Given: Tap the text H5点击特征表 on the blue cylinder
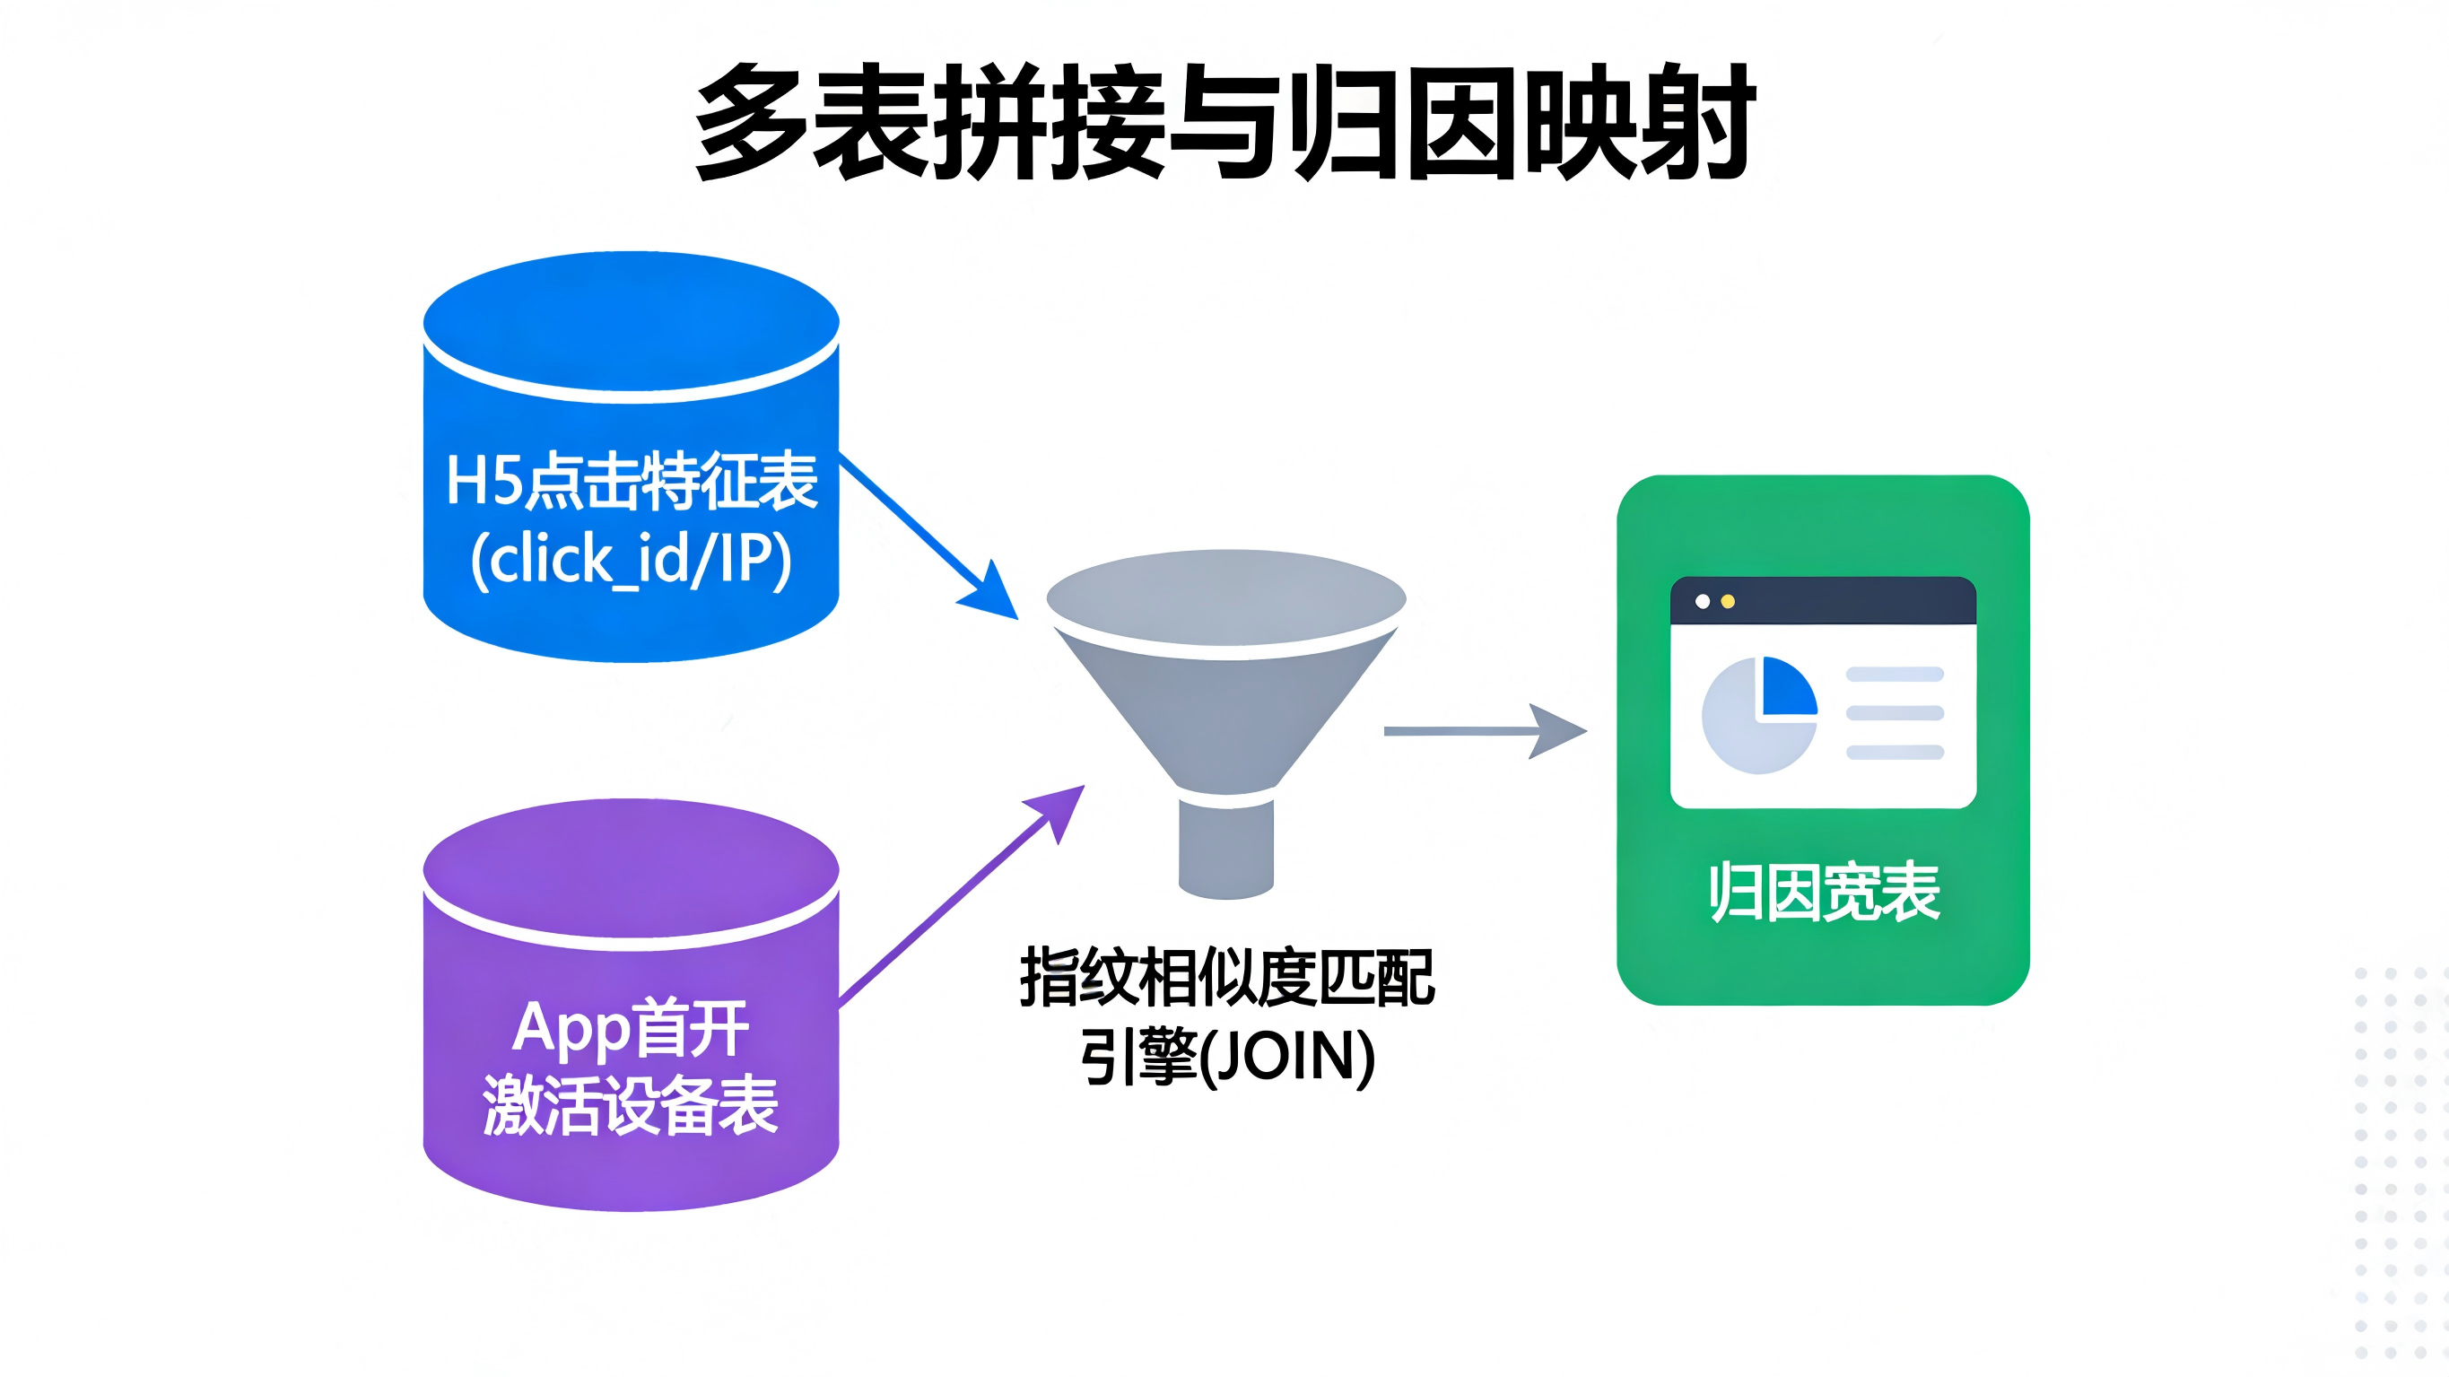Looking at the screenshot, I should coord(632,481).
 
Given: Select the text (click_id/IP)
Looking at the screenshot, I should coord(632,559).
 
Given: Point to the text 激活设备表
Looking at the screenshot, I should coord(632,1105).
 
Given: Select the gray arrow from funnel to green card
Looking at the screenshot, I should coord(1483,730).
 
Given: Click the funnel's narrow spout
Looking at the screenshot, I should coord(1225,846).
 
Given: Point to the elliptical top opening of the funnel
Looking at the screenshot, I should coord(1225,597).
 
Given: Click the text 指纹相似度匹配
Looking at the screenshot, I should coord(1226,977).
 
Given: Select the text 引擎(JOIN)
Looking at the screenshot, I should coord(1226,1057).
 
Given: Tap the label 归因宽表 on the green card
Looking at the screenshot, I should coord(1824,892).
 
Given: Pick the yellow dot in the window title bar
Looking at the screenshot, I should coord(1729,601).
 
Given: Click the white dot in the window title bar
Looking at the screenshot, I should coord(1703,601).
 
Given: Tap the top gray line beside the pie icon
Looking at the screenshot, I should coord(1894,675).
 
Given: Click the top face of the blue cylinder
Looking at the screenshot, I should coord(632,319).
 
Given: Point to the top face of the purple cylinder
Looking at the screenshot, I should coord(632,867).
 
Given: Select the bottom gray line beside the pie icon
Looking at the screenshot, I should coord(1894,753).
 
